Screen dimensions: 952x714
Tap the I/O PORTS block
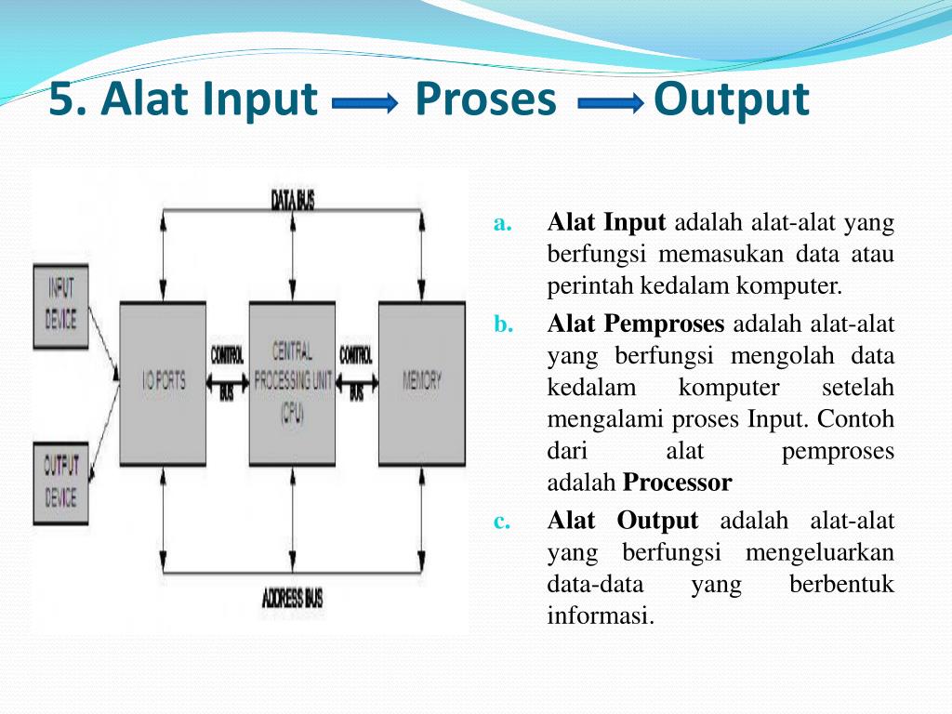pyautogui.click(x=163, y=382)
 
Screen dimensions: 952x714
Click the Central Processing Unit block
pyautogui.click(x=292, y=382)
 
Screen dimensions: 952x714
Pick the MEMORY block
pyautogui.click(x=421, y=382)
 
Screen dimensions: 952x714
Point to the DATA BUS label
pyautogui.click(x=293, y=199)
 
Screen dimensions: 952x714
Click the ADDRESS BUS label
pyautogui.click(x=293, y=598)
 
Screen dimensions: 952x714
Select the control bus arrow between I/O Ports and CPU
pyautogui.click(x=227, y=382)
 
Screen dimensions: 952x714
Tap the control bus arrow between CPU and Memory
pyautogui.click(x=356, y=382)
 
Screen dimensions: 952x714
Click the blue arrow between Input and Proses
pyautogui.click(x=364, y=105)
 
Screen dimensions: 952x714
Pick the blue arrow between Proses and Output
pyautogui.click(x=611, y=105)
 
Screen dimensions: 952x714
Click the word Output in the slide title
pyautogui.click(x=731, y=99)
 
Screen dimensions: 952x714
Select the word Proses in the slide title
pyautogui.click(x=485, y=99)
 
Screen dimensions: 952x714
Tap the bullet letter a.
pyautogui.click(x=502, y=223)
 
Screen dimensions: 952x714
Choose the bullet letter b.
pyautogui.click(x=502, y=324)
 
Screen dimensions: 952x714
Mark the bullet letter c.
pyautogui.click(x=502, y=522)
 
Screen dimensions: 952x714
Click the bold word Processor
pyautogui.click(x=678, y=483)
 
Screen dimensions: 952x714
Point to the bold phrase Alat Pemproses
pyautogui.click(x=636, y=324)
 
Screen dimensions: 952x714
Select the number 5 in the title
pyautogui.click(x=61, y=99)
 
